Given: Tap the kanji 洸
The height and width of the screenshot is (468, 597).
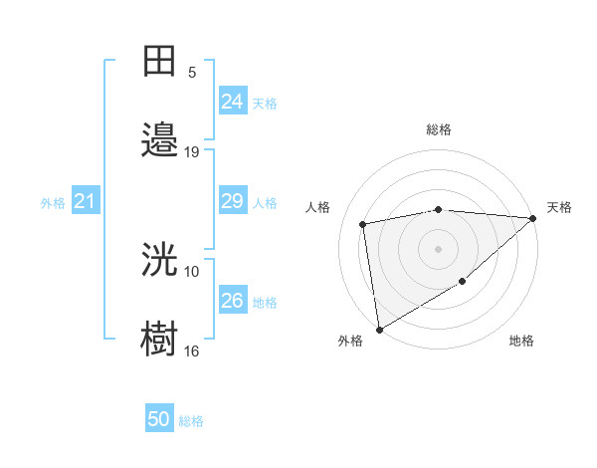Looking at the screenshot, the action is pyautogui.click(x=160, y=260).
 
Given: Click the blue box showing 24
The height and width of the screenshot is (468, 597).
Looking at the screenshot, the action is pyautogui.click(x=233, y=102).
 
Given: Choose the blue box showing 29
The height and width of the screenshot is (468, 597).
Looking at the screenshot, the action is pyautogui.click(x=233, y=202).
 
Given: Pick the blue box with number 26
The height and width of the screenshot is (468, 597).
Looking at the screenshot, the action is pyautogui.click(x=233, y=302).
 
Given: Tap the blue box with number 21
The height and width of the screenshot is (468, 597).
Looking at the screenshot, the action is pyautogui.click(x=86, y=202).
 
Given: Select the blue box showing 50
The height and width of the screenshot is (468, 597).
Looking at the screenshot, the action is pyautogui.click(x=159, y=420).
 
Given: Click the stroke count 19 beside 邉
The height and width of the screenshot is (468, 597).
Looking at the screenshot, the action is pyautogui.click(x=192, y=152).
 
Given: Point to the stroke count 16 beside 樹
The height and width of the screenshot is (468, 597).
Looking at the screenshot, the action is pyautogui.click(x=192, y=351).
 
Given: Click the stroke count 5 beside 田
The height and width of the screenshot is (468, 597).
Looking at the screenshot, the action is pyautogui.click(x=192, y=73).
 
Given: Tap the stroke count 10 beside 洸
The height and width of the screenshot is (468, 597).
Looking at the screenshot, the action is pyautogui.click(x=192, y=272).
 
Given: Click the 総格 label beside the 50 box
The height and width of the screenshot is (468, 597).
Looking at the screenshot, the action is pyautogui.click(x=191, y=421).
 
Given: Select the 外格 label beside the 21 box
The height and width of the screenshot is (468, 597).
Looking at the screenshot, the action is pyautogui.click(x=53, y=203).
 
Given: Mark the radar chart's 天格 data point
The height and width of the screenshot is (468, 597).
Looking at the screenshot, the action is pyautogui.click(x=534, y=218).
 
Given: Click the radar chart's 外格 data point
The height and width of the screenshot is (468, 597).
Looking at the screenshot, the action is pyautogui.click(x=378, y=330).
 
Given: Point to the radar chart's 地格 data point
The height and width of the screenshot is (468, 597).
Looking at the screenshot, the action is pyautogui.click(x=462, y=282).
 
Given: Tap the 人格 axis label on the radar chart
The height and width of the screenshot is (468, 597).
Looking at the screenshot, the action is pyautogui.click(x=319, y=207).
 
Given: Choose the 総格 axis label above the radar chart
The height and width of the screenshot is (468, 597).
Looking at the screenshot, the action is pyautogui.click(x=438, y=129).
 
